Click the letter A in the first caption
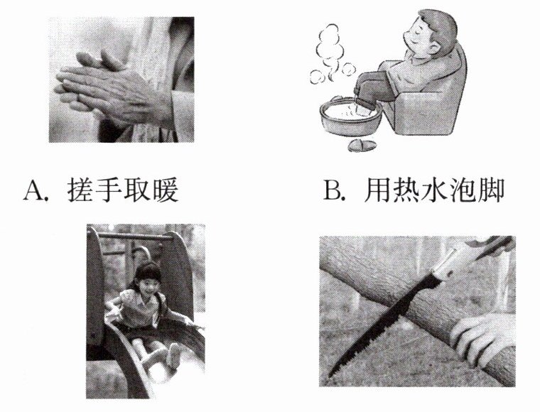[34, 190]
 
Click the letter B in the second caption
[333, 190]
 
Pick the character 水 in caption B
[434, 190]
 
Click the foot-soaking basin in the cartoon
[349, 117]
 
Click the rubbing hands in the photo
[110, 90]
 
